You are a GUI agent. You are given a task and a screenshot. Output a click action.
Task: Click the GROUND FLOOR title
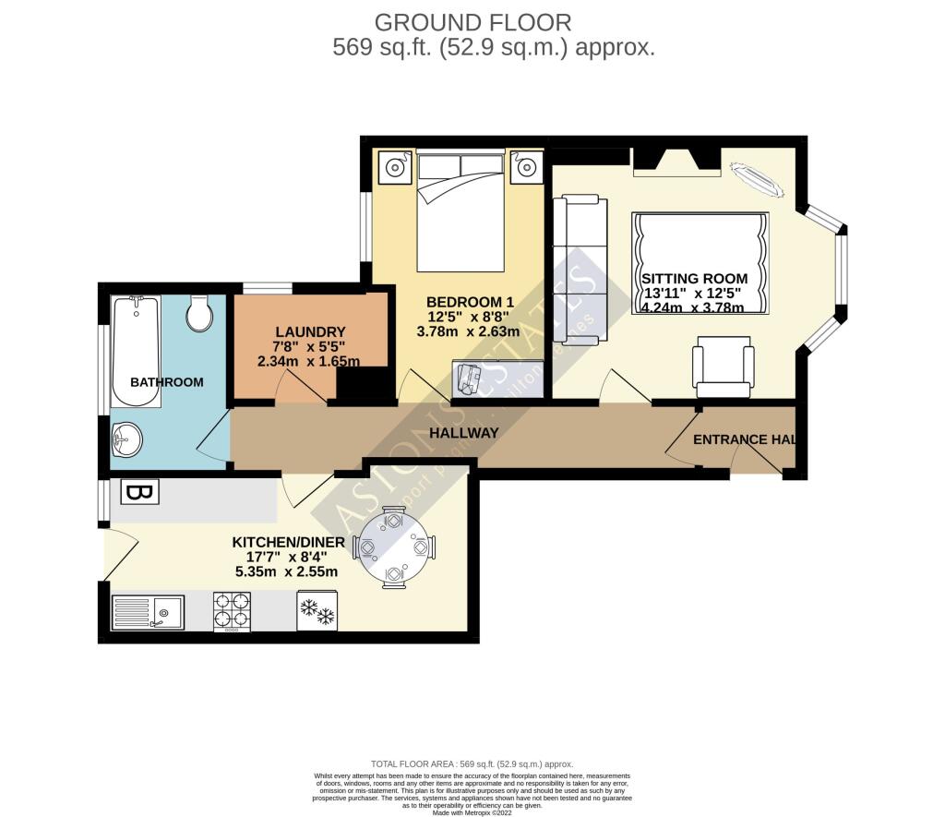click(472, 22)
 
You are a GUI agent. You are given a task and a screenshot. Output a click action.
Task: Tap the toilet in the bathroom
click(199, 313)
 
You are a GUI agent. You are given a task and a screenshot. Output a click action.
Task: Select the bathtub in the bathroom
click(136, 351)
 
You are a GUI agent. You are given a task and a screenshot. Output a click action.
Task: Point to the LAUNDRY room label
click(310, 332)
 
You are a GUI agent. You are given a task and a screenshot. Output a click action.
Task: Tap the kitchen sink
click(148, 611)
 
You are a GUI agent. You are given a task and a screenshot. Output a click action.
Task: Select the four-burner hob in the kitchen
click(231, 610)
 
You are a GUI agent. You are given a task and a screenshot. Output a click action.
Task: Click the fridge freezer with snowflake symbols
click(316, 611)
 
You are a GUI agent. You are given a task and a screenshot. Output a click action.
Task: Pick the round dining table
click(394, 547)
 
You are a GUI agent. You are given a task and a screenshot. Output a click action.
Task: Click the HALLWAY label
click(464, 433)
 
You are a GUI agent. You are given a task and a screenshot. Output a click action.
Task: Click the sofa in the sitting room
click(580, 270)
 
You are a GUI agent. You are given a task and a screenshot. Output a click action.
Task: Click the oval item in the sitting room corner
click(758, 179)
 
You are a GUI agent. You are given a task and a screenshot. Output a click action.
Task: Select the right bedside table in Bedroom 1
click(527, 168)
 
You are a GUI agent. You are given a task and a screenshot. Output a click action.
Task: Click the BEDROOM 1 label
click(470, 302)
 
